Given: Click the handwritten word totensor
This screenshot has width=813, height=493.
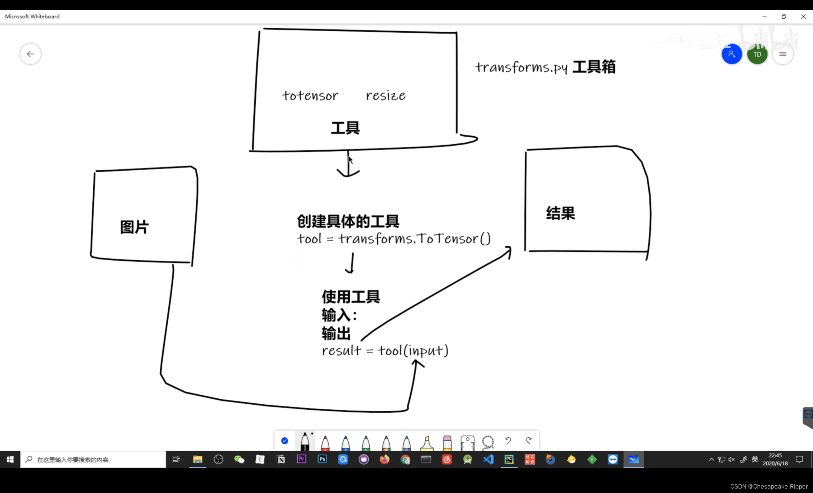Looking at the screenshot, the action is point(310,95).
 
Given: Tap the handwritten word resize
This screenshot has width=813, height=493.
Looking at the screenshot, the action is point(386,95).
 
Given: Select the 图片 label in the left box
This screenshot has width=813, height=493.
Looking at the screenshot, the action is point(134,227).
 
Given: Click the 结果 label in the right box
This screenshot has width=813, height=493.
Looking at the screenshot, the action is point(560,213).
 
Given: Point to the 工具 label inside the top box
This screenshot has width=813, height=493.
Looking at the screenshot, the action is point(345,128).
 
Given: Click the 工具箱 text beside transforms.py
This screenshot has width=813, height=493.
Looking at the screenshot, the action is point(594,67).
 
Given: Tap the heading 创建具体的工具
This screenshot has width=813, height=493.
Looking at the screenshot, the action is point(348,221).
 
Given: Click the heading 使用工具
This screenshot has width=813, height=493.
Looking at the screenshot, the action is point(351,297).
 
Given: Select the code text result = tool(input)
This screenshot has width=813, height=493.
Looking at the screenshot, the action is point(385,350).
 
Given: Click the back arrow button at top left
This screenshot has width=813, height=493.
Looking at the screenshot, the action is point(30,54).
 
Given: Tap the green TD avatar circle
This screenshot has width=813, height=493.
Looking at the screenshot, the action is point(757,54).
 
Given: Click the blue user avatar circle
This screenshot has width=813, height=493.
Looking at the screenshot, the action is point(731,54).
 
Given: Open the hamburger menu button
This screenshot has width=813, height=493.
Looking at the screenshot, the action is point(783,54).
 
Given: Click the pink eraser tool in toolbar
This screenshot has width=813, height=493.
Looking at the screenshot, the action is point(447,442).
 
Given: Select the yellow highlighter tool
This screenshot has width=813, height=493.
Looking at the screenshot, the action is point(427,442).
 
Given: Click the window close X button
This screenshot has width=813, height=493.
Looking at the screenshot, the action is point(803,17).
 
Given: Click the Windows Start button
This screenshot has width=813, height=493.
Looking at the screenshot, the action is point(10,459).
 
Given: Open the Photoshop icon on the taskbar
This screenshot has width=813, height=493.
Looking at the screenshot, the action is point(322,459).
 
